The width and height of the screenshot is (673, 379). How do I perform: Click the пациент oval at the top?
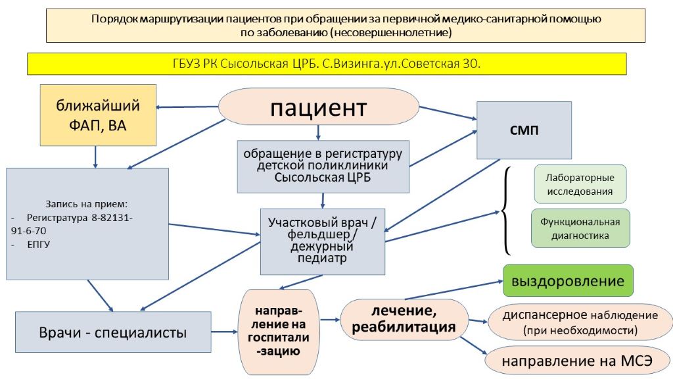[x=319, y=107]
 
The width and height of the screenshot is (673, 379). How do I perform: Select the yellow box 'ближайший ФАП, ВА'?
[x=98, y=115]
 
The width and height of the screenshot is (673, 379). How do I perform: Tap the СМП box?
[x=524, y=130]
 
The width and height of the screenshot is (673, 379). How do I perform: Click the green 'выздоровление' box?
[x=568, y=280]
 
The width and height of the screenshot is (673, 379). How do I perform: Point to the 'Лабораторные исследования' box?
[x=580, y=184]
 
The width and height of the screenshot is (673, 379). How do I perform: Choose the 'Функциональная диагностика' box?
[x=580, y=228]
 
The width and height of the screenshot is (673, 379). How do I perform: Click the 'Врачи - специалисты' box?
[x=113, y=332]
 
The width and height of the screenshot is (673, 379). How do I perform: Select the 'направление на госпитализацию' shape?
[x=279, y=332]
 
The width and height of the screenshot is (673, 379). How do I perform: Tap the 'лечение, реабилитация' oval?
[x=404, y=319]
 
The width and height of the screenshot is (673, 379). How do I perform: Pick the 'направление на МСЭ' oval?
[x=577, y=361]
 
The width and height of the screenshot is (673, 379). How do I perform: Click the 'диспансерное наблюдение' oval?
[x=580, y=322]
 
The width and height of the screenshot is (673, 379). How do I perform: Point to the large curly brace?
[x=507, y=211]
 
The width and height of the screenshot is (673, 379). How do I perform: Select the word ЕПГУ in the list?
[x=39, y=245]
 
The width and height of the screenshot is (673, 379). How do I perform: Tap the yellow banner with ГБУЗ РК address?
[x=327, y=64]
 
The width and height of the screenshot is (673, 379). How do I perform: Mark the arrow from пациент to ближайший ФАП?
[x=187, y=107]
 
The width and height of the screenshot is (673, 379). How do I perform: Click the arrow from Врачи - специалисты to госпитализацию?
[x=225, y=332]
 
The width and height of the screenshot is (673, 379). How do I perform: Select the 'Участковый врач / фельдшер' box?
[x=322, y=241]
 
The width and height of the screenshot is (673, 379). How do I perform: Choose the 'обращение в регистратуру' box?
[x=323, y=166]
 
